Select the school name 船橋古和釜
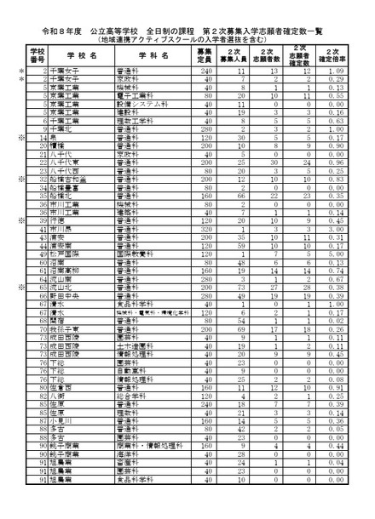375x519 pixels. click(69, 180)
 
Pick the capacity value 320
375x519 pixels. click(204, 229)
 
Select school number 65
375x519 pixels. click(41, 288)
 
